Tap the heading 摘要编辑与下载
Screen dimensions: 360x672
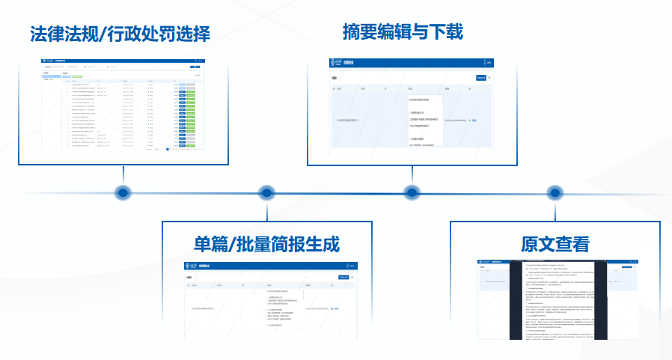coord(403,32)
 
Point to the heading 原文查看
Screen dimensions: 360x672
coord(555,244)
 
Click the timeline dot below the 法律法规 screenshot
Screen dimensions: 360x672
coord(123,192)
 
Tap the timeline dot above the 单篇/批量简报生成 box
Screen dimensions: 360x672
coord(266,192)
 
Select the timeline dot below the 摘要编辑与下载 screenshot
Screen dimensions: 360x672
coord(411,192)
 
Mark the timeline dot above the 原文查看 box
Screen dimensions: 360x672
coord(555,192)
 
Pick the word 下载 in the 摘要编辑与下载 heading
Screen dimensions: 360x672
coord(448,32)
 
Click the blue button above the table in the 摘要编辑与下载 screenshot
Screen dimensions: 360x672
coord(481,76)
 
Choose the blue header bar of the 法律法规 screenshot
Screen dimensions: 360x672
coord(123,61)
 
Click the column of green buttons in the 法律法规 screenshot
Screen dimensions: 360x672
coord(190,112)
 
